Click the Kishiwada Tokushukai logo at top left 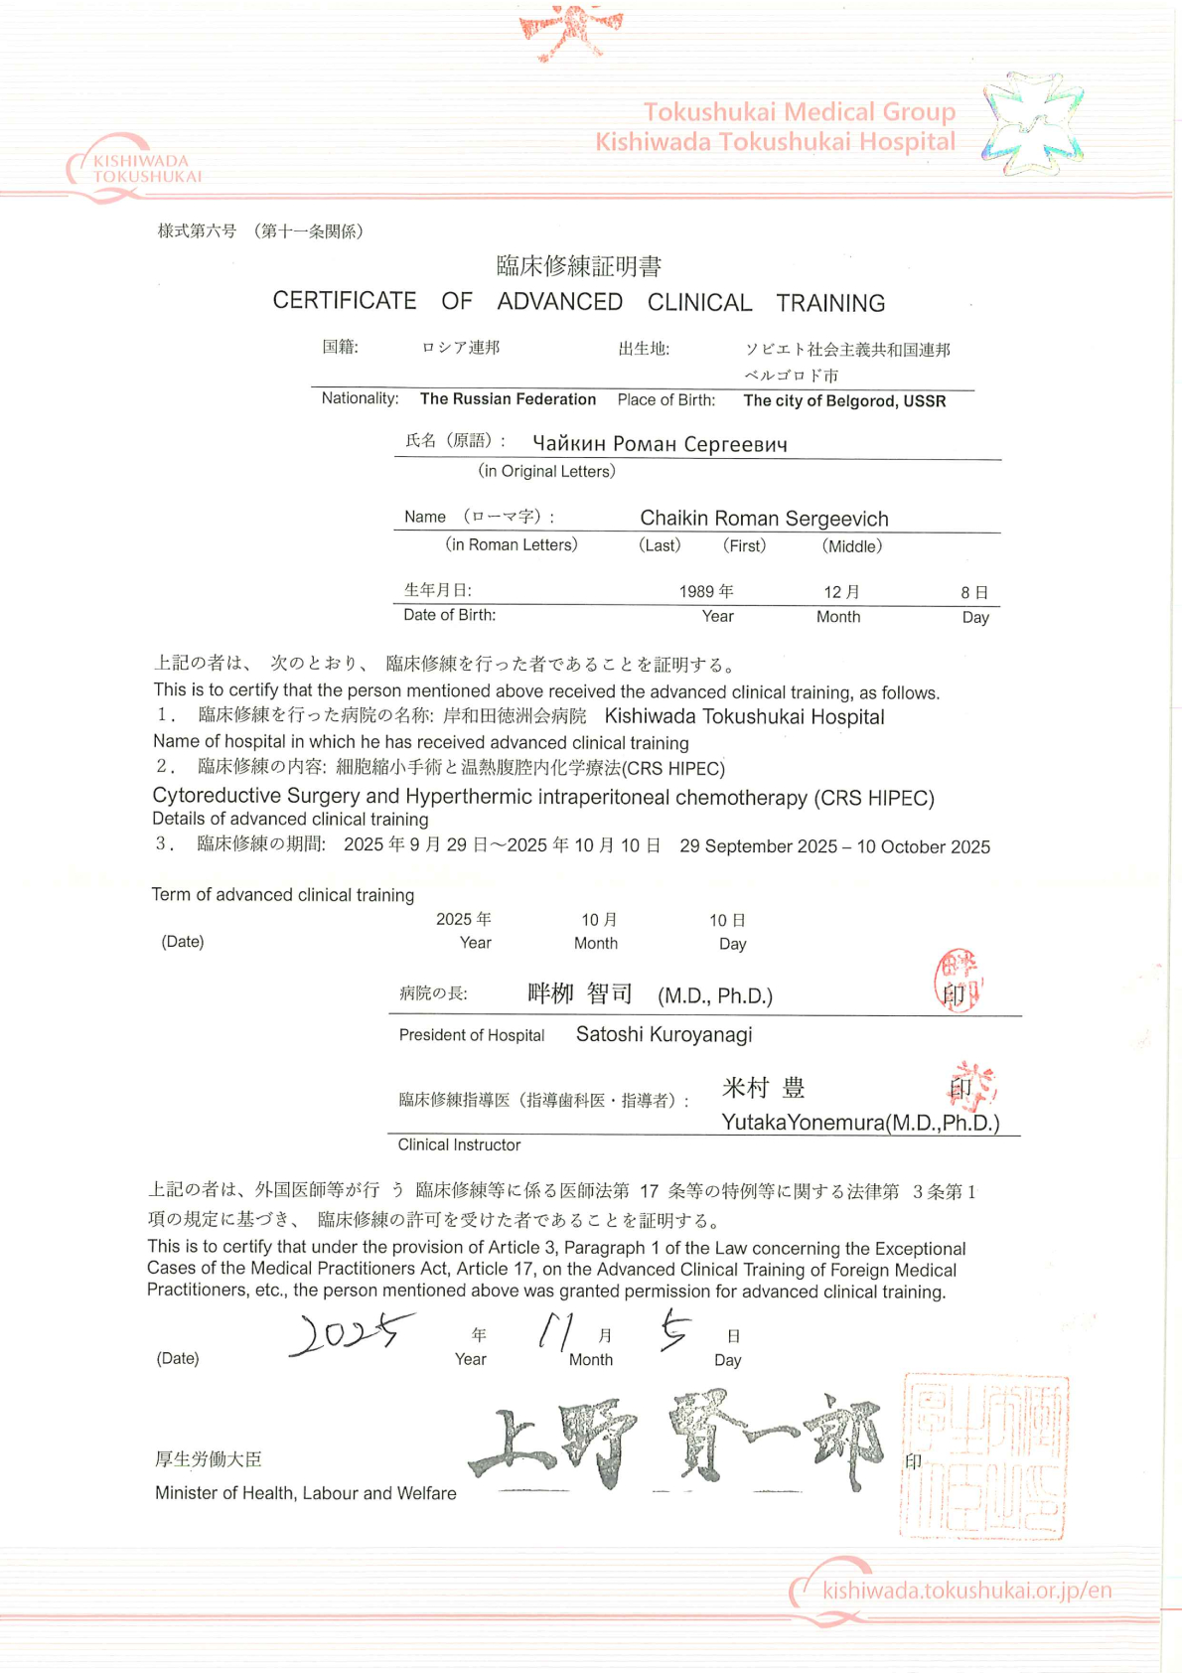tap(134, 168)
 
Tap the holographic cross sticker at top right tap(1032, 124)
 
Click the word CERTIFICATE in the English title tap(345, 301)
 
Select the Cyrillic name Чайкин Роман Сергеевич tap(660, 444)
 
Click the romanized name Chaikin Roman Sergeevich tap(764, 519)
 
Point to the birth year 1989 tap(697, 592)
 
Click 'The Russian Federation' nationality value tap(508, 399)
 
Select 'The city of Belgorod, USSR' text tap(844, 401)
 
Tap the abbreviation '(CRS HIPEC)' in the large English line tap(874, 799)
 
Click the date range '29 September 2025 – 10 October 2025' tap(834, 847)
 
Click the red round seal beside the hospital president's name tap(958, 981)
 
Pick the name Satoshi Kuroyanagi tap(664, 1035)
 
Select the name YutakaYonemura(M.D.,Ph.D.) tap(860, 1123)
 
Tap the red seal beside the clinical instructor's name tap(972, 1087)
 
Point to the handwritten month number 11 tap(554, 1330)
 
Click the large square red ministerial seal tap(982, 1456)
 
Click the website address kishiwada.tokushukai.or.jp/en tap(966, 1591)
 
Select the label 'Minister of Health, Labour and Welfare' tap(306, 1493)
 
